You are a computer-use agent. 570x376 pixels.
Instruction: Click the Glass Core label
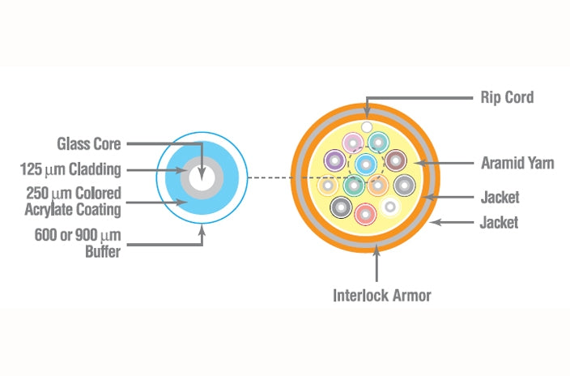click(88, 144)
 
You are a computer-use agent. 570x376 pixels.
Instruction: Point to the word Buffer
click(103, 251)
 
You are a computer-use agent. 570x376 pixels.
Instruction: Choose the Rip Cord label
click(501, 98)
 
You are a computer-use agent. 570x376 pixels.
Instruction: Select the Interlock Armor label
click(382, 295)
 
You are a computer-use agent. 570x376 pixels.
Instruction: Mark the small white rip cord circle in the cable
click(367, 127)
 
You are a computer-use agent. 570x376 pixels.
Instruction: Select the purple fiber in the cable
click(334, 161)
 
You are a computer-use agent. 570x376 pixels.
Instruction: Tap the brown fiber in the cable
click(395, 160)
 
